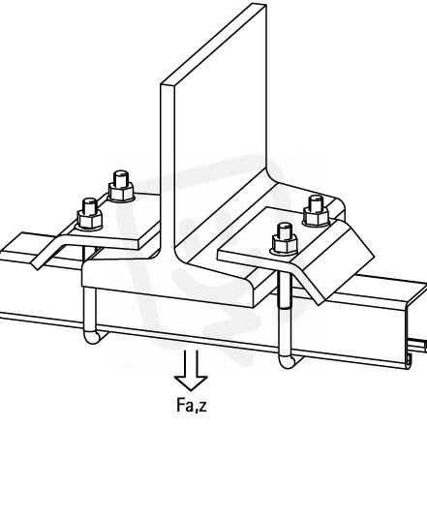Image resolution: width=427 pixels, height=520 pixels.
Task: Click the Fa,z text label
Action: [192, 406]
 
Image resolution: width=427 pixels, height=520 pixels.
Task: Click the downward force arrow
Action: [192, 371]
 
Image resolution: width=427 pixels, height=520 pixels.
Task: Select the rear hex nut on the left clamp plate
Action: [121, 193]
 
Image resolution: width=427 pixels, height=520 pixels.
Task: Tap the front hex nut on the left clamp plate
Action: [89, 221]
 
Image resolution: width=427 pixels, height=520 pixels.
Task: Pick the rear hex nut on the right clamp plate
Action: [317, 217]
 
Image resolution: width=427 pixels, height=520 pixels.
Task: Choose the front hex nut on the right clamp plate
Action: [285, 245]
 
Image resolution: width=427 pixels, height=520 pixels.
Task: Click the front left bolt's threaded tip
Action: [89, 205]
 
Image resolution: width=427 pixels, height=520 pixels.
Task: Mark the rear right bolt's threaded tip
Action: [316, 202]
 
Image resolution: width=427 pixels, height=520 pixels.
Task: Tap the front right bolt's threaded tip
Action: [285, 229]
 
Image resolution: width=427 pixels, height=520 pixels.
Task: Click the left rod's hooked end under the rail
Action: [95, 337]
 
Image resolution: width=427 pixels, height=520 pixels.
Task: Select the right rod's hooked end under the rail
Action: [290, 361]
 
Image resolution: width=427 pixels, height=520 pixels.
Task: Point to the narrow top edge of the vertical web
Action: [214, 45]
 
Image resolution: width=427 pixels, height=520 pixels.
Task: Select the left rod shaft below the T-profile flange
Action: [89, 310]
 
